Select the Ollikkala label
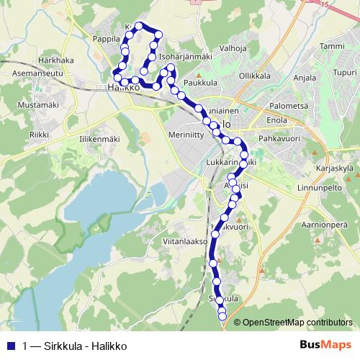(254, 75)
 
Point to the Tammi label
(331, 46)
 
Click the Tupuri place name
(344, 73)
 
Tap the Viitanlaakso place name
(185, 242)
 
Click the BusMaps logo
(325, 344)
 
